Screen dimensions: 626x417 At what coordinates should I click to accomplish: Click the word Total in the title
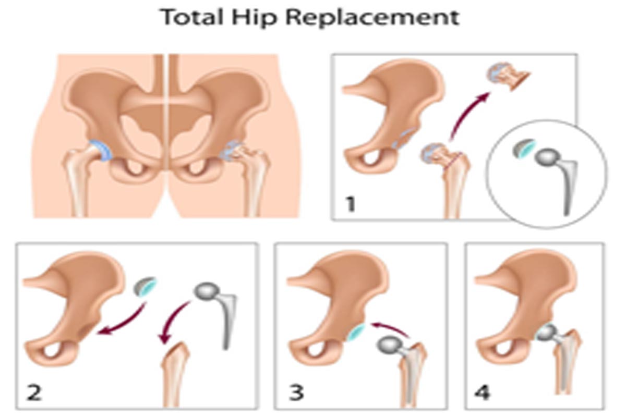192,17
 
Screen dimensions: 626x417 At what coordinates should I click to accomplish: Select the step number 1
350,204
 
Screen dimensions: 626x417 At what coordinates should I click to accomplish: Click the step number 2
34,393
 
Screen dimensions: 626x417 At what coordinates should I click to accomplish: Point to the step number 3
296,393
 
